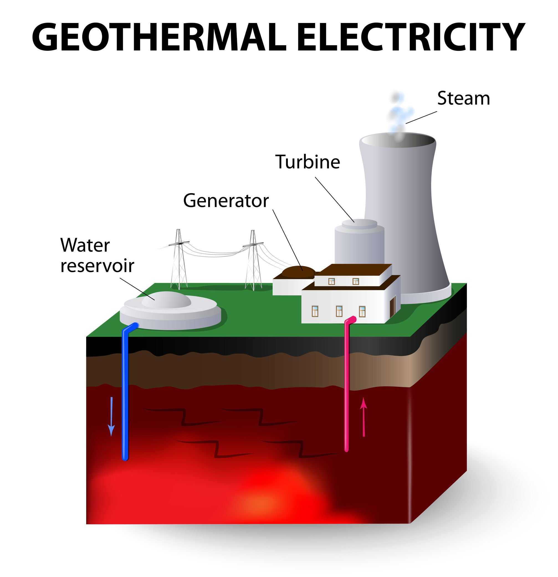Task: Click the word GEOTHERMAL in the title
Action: click(159, 38)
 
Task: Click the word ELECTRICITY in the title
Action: click(411, 38)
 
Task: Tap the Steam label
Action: click(463, 98)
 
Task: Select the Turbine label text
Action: click(308, 162)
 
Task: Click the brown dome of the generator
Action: click(298, 271)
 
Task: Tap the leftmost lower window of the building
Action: click(315, 311)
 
